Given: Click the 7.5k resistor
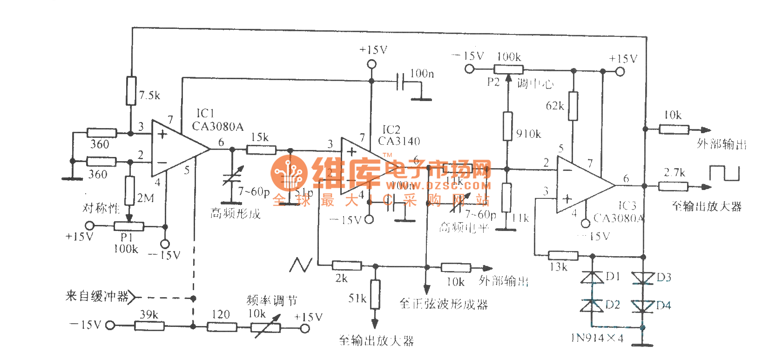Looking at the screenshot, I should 131,91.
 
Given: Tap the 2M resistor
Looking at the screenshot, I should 130,190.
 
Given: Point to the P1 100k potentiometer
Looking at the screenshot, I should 129,227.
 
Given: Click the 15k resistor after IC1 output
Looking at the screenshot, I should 261,149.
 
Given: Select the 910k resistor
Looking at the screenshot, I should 508,126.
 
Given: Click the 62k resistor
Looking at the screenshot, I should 573,106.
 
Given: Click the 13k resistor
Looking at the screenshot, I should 563,255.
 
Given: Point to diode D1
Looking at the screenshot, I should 592,278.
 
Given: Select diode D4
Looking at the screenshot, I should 643,306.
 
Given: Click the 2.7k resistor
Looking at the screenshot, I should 673,186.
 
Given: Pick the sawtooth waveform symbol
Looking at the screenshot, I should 300,265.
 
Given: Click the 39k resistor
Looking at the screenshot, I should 149,326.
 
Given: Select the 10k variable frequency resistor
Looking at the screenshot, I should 266,327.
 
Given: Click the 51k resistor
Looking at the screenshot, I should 375,294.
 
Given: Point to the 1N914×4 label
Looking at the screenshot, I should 597,338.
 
